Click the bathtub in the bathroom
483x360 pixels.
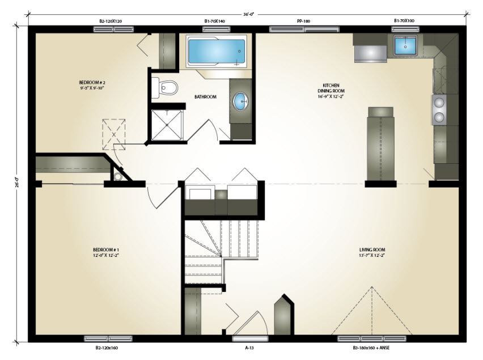pos(216,51)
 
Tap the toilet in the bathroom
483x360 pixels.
pos(165,88)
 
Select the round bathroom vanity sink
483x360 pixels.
pos(240,101)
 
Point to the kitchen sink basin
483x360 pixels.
pos(405,45)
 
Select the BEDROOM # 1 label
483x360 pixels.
pos(105,252)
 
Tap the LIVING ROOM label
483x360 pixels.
pos(372,252)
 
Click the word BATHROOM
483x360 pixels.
pos(205,97)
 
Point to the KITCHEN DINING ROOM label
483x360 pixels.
pos(331,91)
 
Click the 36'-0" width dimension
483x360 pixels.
pos(248,14)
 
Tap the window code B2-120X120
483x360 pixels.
pos(111,21)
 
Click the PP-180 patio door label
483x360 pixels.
pos(303,21)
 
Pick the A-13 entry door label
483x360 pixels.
pos(249,348)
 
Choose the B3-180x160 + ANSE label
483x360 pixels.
pos(371,348)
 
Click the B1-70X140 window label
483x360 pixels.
pos(215,21)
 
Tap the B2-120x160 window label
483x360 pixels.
pos(107,348)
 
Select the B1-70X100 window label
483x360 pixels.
pos(404,20)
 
